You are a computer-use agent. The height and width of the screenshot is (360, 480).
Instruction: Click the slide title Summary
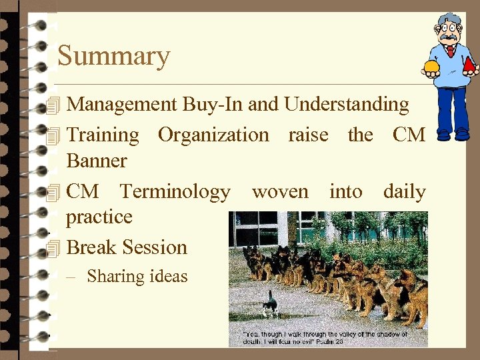(x=114, y=56)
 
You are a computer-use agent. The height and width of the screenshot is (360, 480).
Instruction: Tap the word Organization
(x=213, y=135)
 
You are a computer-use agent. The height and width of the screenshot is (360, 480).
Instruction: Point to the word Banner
(x=97, y=161)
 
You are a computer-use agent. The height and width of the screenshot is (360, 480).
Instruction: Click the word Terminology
(x=175, y=192)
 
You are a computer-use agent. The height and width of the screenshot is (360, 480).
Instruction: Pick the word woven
(x=280, y=192)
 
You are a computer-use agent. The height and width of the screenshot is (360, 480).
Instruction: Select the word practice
(x=99, y=217)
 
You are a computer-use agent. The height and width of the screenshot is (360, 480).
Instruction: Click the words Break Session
(x=127, y=247)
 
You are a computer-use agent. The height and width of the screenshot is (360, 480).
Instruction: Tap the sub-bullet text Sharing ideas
(x=137, y=276)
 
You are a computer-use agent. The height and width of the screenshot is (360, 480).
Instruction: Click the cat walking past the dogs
(x=269, y=304)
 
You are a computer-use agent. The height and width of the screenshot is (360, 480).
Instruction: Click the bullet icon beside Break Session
(x=55, y=248)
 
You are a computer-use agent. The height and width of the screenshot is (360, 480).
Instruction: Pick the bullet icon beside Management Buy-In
(x=55, y=105)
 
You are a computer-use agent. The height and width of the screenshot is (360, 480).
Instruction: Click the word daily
(x=404, y=192)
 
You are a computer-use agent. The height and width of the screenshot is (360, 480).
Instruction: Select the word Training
(x=103, y=135)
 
